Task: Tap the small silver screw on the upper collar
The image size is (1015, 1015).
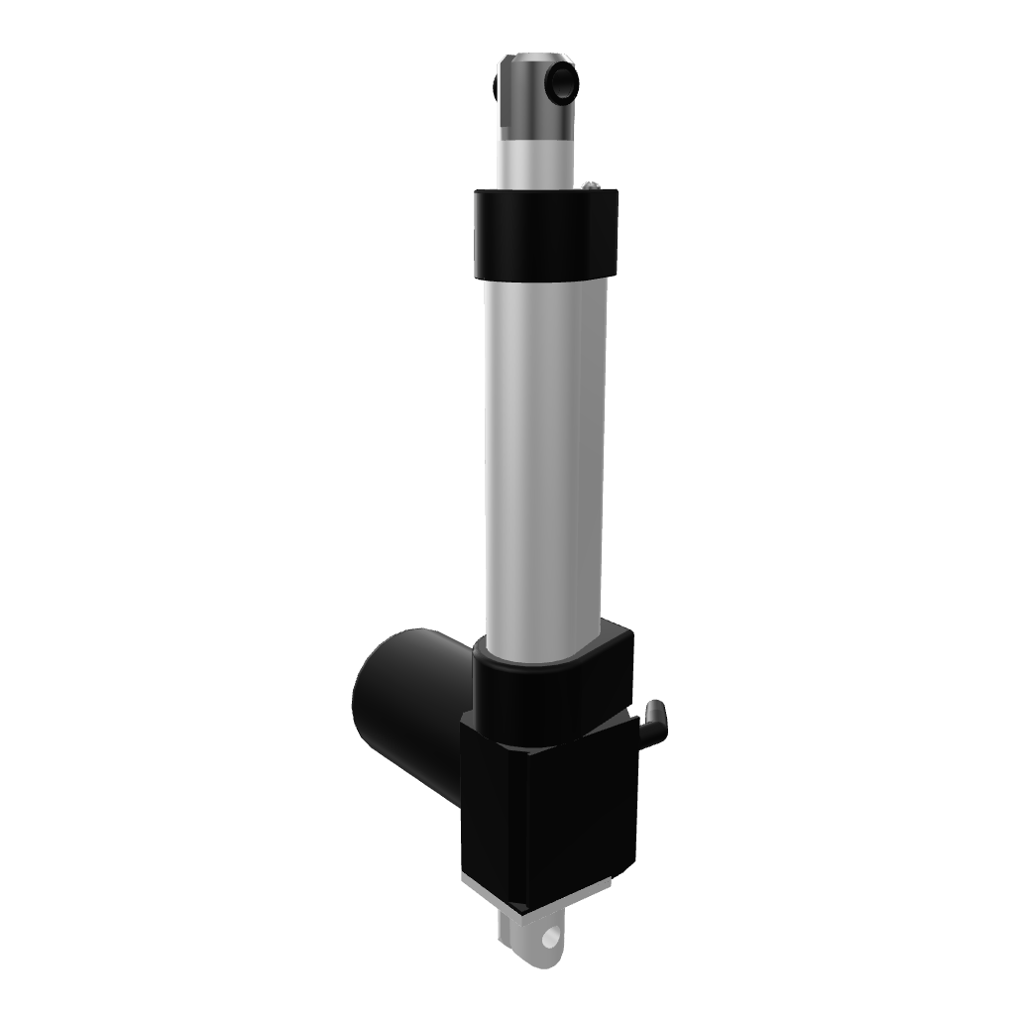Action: tap(591, 183)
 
